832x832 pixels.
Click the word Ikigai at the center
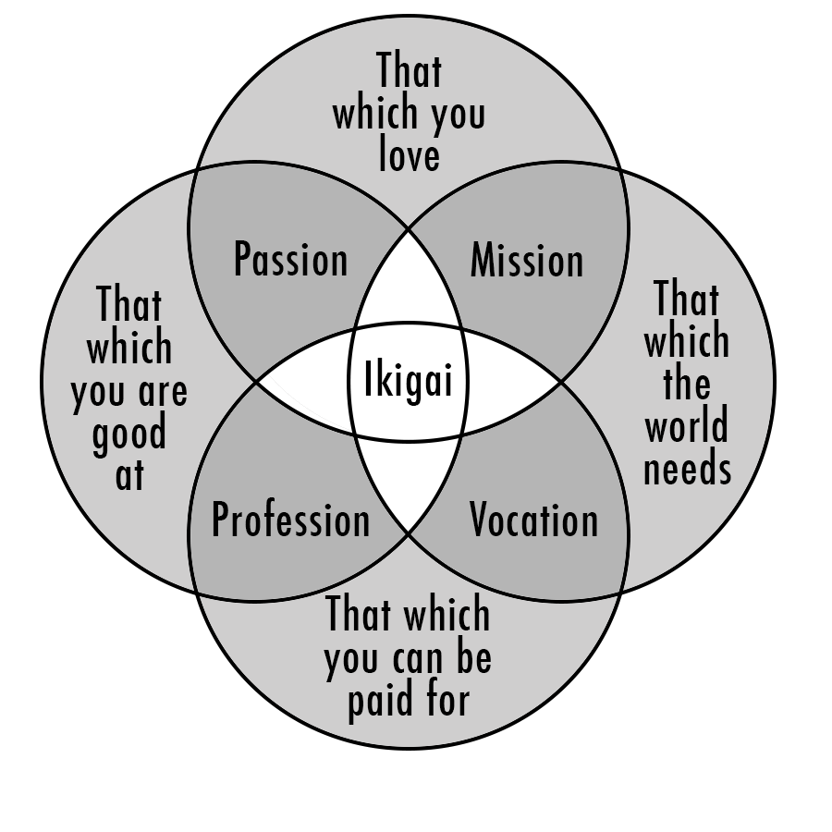[409, 381]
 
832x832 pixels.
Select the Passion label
[290, 260]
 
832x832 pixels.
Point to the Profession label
[290, 520]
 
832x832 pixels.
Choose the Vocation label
[533, 520]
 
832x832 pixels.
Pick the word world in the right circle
[687, 426]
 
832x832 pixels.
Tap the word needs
[687, 469]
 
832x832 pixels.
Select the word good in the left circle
[129, 434]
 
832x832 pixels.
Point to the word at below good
[129, 476]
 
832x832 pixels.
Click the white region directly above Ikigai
[409, 291]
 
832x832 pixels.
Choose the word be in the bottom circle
[471, 658]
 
